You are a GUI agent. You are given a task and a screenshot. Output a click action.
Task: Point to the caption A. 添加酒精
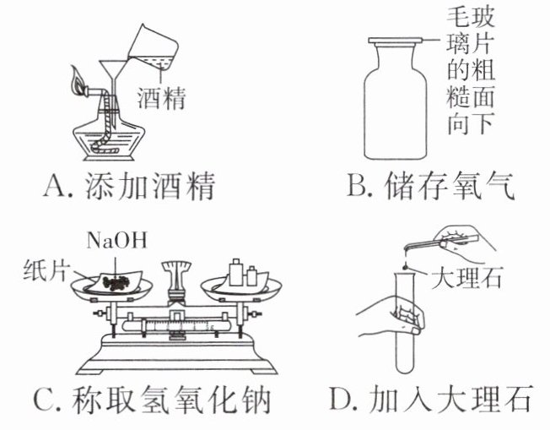click(127, 186)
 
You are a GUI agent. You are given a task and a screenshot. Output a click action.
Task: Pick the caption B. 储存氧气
click(430, 186)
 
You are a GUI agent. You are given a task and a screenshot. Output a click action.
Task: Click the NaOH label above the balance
click(116, 239)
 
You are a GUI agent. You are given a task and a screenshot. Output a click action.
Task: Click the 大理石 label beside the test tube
click(465, 278)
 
